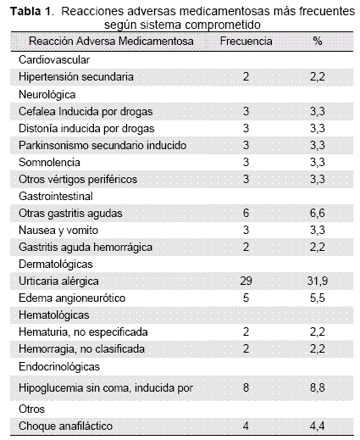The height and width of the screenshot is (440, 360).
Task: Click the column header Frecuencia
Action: point(246,42)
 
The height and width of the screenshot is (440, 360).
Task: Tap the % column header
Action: point(318,42)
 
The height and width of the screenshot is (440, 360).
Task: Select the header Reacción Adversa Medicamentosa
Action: point(111,42)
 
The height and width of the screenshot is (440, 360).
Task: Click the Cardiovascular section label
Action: point(54,59)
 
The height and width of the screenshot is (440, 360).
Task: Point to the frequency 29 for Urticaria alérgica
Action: point(246,281)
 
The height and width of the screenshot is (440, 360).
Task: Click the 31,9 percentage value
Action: point(318,281)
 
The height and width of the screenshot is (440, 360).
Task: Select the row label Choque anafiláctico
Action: point(65,426)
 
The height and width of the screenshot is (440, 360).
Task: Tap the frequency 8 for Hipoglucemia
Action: point(246,387)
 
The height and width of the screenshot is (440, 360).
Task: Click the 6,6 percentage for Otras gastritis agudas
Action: point(318,213)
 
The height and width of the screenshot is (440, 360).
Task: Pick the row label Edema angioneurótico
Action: point(72,298)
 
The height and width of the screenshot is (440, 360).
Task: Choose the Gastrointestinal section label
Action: point(56,196)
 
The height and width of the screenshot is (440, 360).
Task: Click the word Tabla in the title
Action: point(25,11)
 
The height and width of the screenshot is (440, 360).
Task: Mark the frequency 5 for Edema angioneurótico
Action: point(246,298)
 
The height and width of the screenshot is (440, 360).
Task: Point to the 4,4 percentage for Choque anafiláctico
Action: point(318,426)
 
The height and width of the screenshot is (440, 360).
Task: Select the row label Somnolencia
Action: point(49,162)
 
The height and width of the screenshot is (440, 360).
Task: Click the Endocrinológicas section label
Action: point(59,366)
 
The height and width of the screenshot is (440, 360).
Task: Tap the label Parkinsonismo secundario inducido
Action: point(102,145)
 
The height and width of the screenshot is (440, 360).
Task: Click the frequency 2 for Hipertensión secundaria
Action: point(246,76)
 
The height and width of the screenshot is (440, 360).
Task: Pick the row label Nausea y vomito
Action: point(58,231)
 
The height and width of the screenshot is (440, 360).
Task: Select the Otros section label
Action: point(31,409)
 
